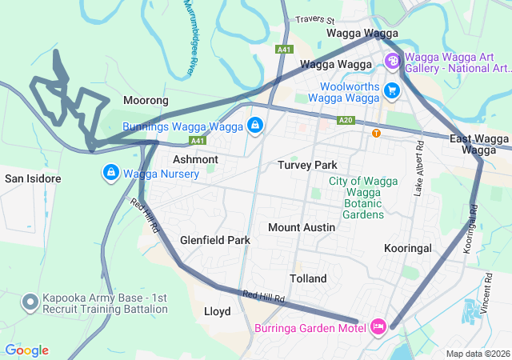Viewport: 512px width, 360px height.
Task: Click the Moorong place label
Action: pos(146,101)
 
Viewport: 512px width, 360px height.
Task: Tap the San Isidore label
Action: pos(32,178)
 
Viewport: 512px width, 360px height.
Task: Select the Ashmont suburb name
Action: pos(195,159)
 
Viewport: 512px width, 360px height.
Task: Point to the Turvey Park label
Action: pos(308,165)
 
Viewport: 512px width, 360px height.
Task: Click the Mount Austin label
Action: pos(302,227)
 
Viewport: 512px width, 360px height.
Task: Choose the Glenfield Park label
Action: pos(215,240)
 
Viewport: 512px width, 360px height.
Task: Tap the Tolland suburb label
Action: pos(308,278)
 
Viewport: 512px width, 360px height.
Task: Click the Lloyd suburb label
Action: pos(218,311)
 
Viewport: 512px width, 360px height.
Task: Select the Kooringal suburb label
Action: pos(408,248)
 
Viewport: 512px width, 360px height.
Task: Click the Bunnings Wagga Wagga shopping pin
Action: pos(254,126)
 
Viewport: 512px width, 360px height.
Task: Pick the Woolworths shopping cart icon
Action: pos(391,90)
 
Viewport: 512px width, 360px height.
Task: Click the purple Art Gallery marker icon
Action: pos(392,61)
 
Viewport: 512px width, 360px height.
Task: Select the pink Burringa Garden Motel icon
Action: pos(378,326)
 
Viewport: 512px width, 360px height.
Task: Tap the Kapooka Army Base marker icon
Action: pos(30,302)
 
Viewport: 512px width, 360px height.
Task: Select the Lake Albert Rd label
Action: pos(418,169)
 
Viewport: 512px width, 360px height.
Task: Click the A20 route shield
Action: pos(346,120)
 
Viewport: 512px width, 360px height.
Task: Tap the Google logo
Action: pos(27,350)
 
